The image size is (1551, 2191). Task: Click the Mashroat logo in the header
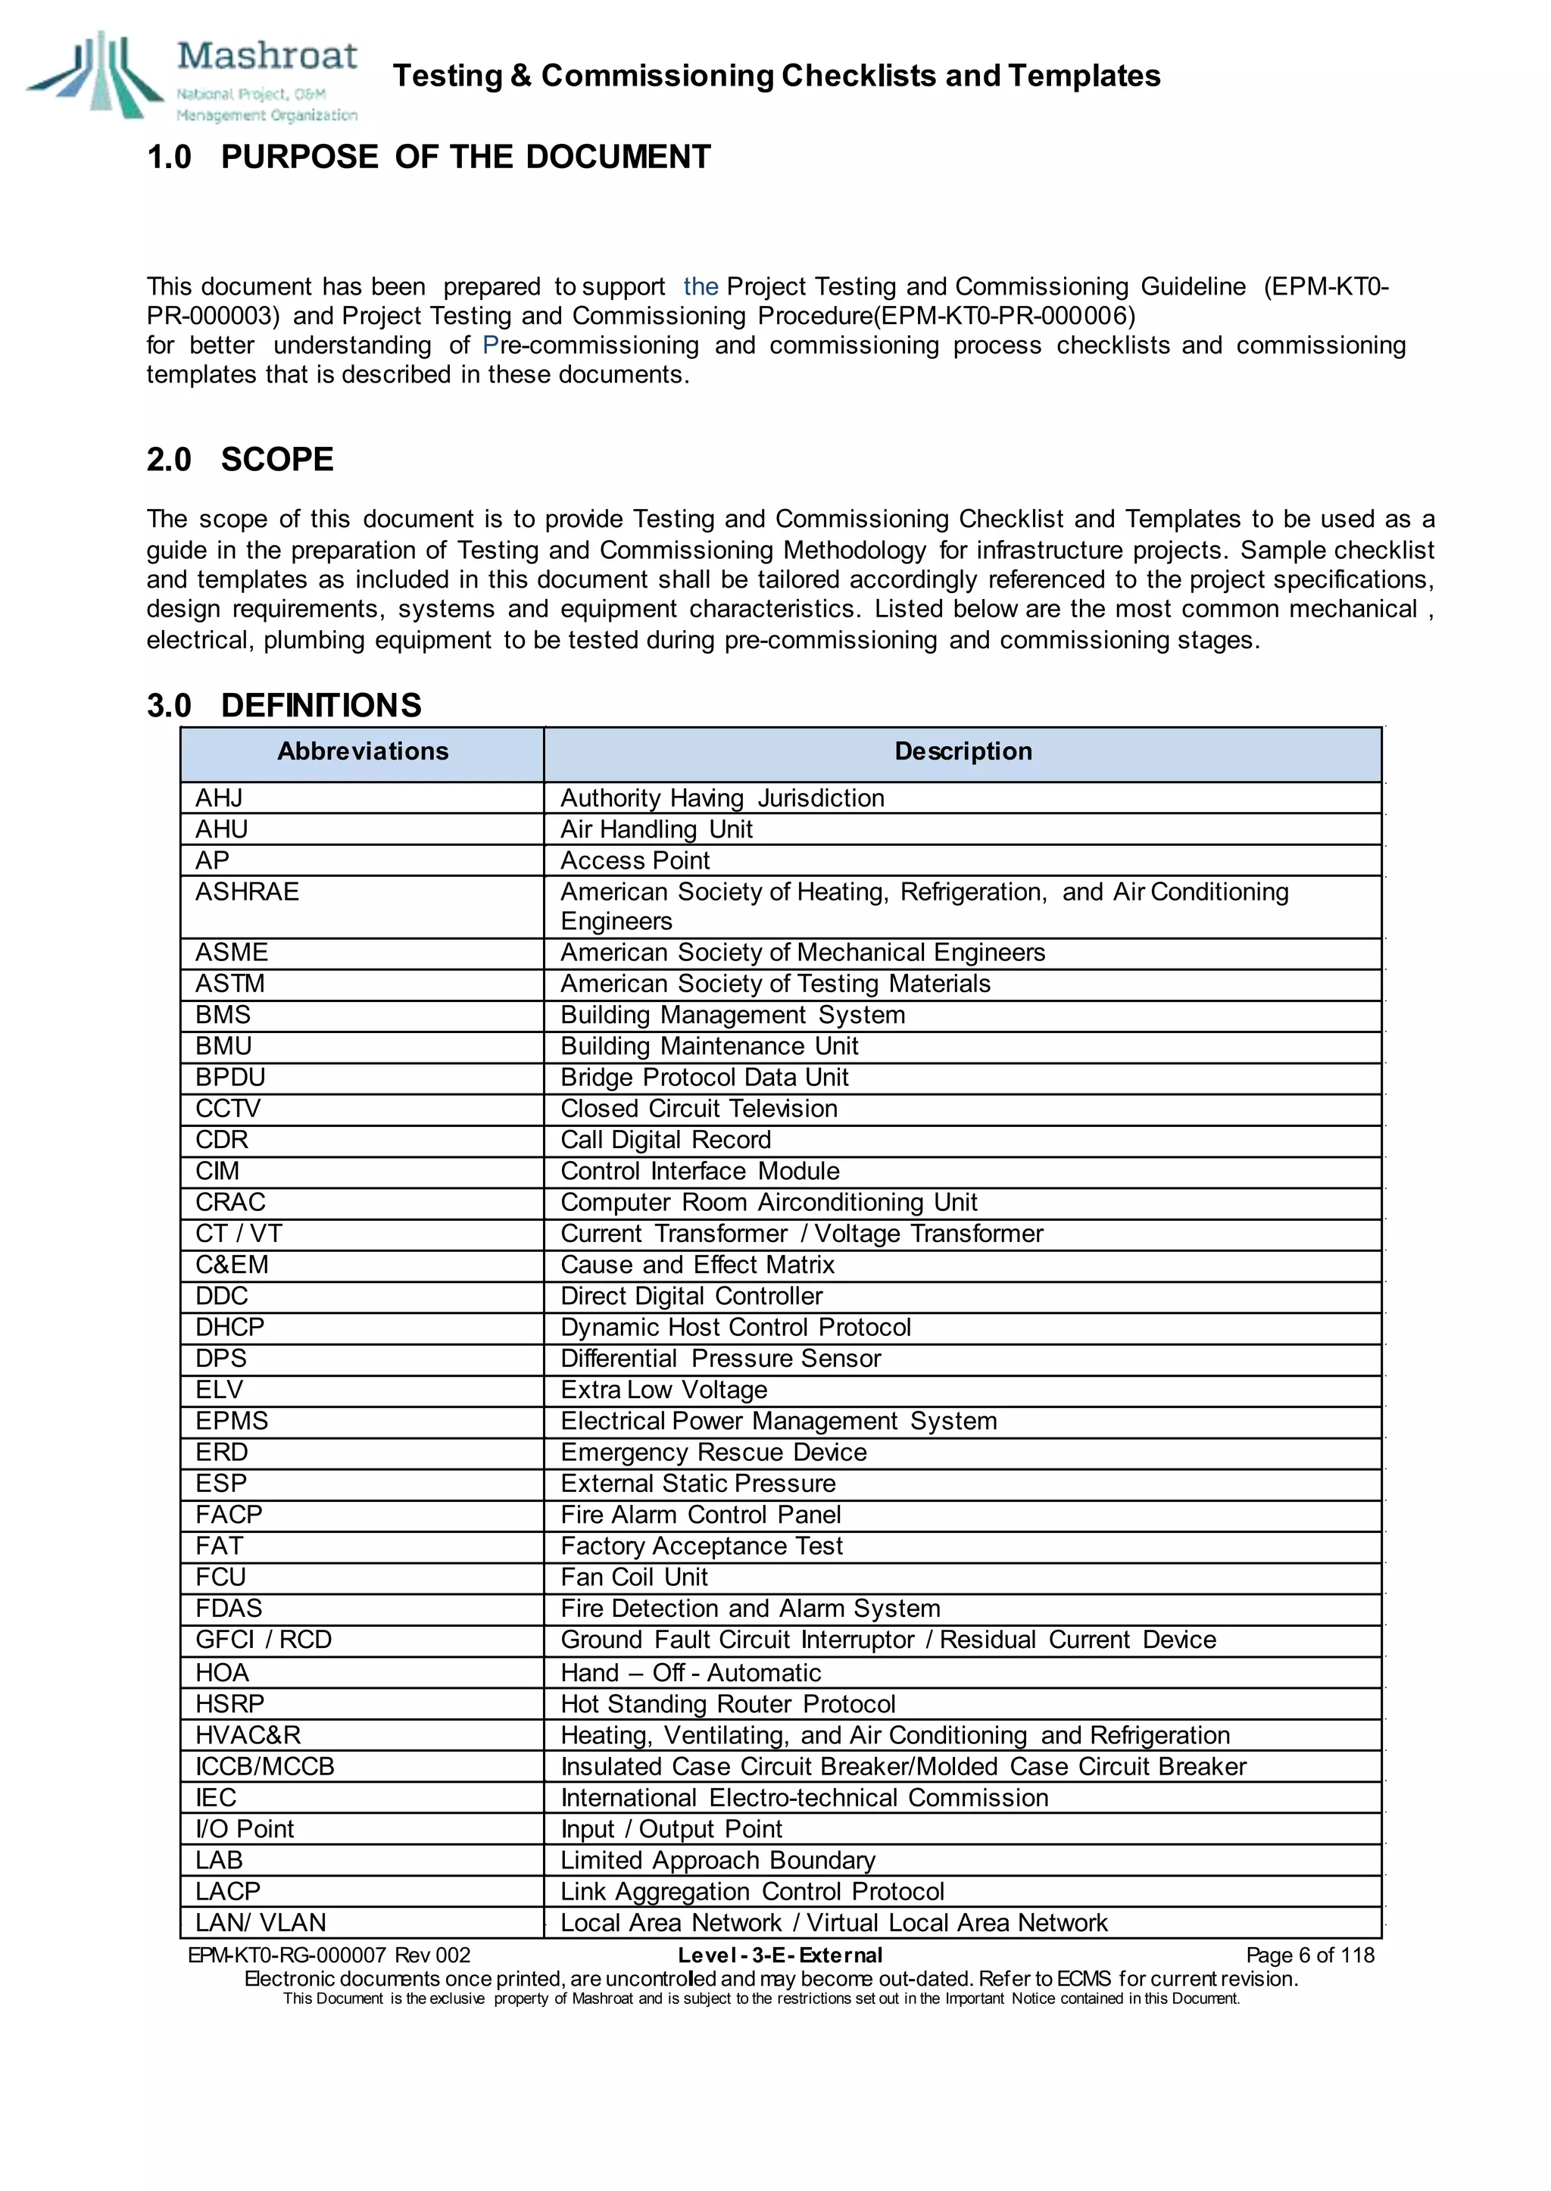pyautogui.click(x=191, y=76)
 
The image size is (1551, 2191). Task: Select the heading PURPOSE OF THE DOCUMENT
pyautogui.click(x=465, y=157)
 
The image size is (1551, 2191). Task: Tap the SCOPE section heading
pyautogui.click(x=277, y=460)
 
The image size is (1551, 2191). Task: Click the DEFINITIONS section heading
pyautogui.click(x=321, y=706)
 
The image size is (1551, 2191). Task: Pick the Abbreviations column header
pyautogui.click(x=362, y=751)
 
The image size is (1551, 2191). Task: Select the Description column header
pyautogui.click(x=963, y=751)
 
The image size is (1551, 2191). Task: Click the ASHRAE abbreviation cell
pyautogui.click(x=248, y=892)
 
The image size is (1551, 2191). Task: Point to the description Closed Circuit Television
pyautogui.click(x=698, y=1109)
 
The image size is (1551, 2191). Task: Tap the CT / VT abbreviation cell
pyautogui.click(x=239, y=1234)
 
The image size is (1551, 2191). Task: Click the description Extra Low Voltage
pyautogui.click(x=663, y=1390)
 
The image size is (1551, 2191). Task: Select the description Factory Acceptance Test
pyautogui.click(x=701, y=1546)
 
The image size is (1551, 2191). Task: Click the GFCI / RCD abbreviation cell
pyautogui.click(x=264, y=1640)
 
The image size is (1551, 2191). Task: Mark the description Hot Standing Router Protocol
pyautogui.click(x=728, y=1704)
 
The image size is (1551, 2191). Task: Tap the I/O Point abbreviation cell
pyautogui.click(x=245, y=1829)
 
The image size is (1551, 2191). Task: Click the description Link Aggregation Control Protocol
pyautogui.click(x=751, y=1891)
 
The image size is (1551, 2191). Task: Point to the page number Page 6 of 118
pyautogui.click(x=1309, y=1955)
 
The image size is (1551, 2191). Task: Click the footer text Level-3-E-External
pyautogui.click(x=779, y=1955)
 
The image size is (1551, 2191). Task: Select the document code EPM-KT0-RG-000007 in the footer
pyautogui.click(x=286, y=1955)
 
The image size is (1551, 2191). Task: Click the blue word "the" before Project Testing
pyautogui.click(x=700, y=286)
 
